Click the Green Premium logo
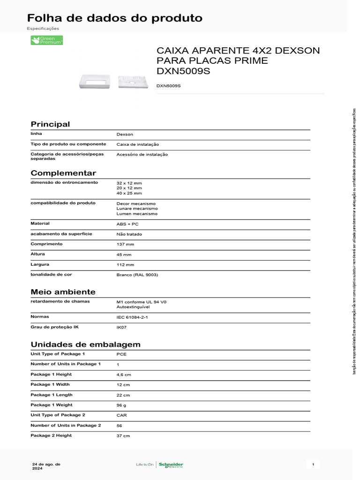(46, 40)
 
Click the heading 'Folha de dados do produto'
(115, 18)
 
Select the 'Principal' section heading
(50, 124)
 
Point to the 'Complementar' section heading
(63, 173)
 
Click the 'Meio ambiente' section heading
(63, 292)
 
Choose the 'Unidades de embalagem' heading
(85, 345)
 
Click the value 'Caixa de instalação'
(137, 144)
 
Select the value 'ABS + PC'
(127, 224)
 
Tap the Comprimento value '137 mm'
(125, 244)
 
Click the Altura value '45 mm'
(124, 255)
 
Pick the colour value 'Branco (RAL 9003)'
(137, 275)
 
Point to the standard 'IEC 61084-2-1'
(132, 317)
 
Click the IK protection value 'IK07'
(121, 327)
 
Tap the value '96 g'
(121, 405)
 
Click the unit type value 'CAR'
(121, 415)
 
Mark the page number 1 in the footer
(313, 465)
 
